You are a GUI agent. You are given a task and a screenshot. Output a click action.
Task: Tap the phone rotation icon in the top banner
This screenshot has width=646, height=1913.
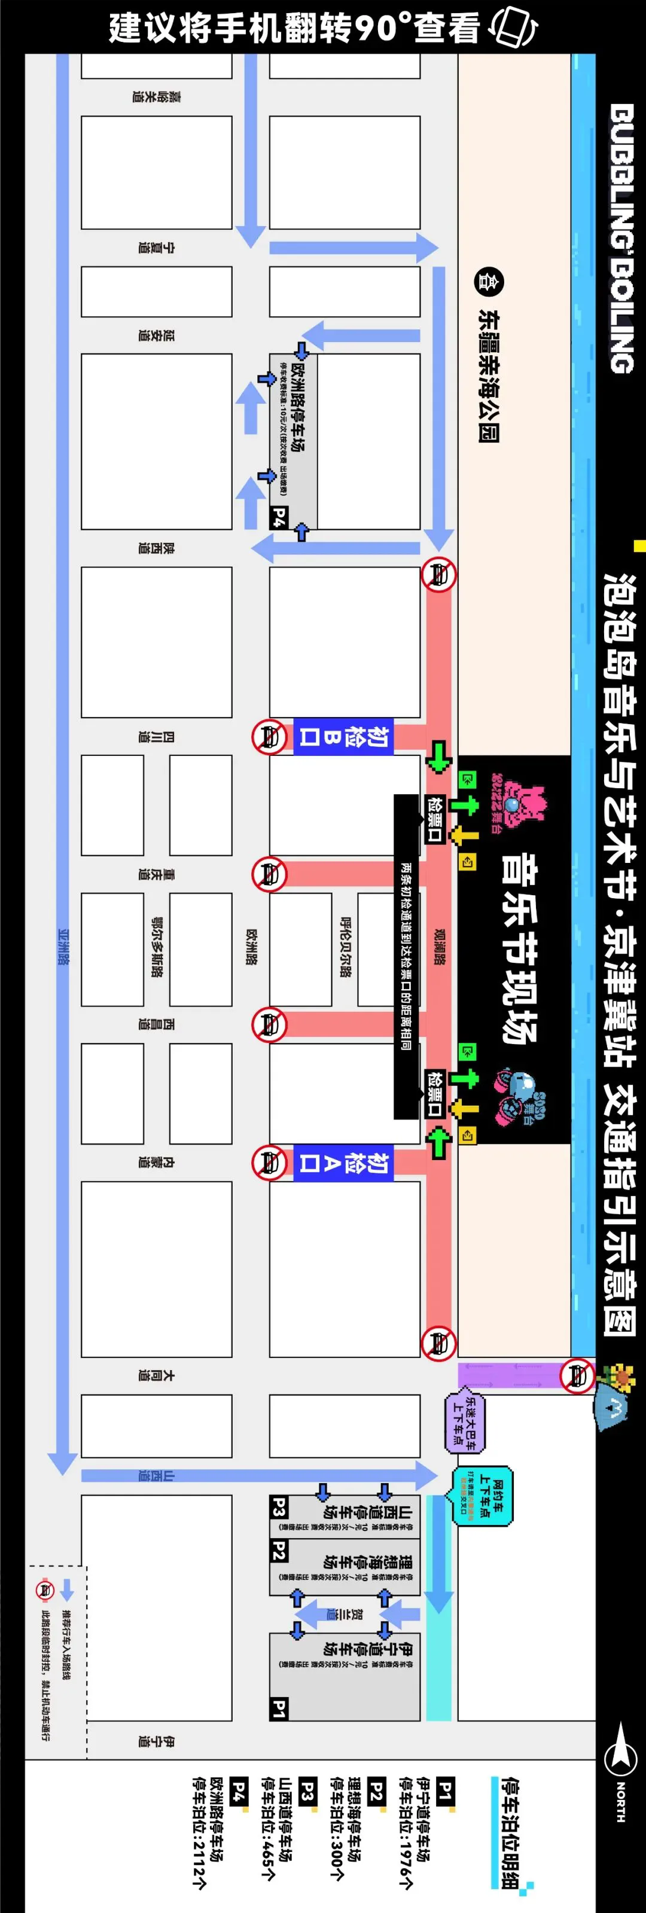513,28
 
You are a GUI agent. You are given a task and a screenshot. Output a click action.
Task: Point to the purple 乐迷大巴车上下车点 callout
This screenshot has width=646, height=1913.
465,1422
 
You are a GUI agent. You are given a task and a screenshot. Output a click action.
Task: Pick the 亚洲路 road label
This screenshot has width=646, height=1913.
63,947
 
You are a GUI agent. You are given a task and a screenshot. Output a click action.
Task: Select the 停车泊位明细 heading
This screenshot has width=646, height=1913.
510,1832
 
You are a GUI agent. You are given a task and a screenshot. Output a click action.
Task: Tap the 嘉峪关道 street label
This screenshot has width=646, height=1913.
156,96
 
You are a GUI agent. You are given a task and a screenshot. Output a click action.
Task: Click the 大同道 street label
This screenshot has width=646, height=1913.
156,1375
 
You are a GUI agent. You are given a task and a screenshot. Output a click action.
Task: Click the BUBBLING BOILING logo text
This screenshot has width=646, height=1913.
621,237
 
